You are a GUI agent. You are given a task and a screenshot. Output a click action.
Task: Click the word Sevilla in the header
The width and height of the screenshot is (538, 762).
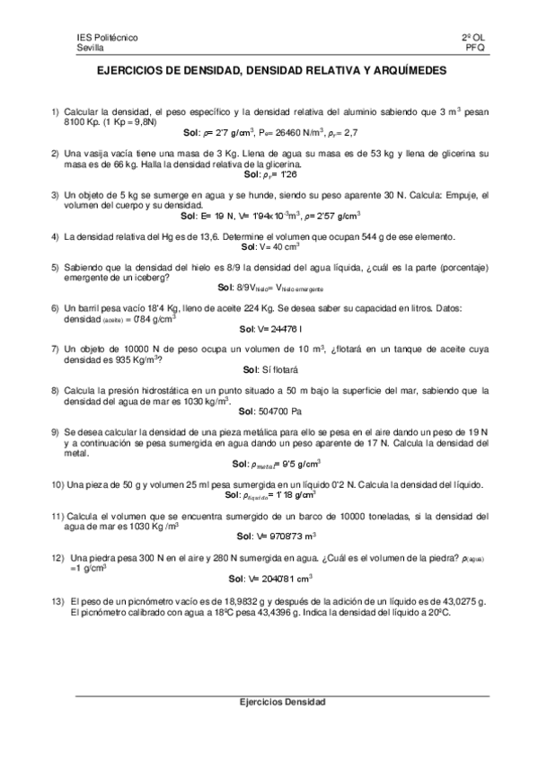click(92, 49)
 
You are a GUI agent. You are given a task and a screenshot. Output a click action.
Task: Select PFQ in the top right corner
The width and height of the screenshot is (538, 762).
click(476, 49)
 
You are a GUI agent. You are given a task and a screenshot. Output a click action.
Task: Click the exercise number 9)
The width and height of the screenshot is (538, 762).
click(56, 433)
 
